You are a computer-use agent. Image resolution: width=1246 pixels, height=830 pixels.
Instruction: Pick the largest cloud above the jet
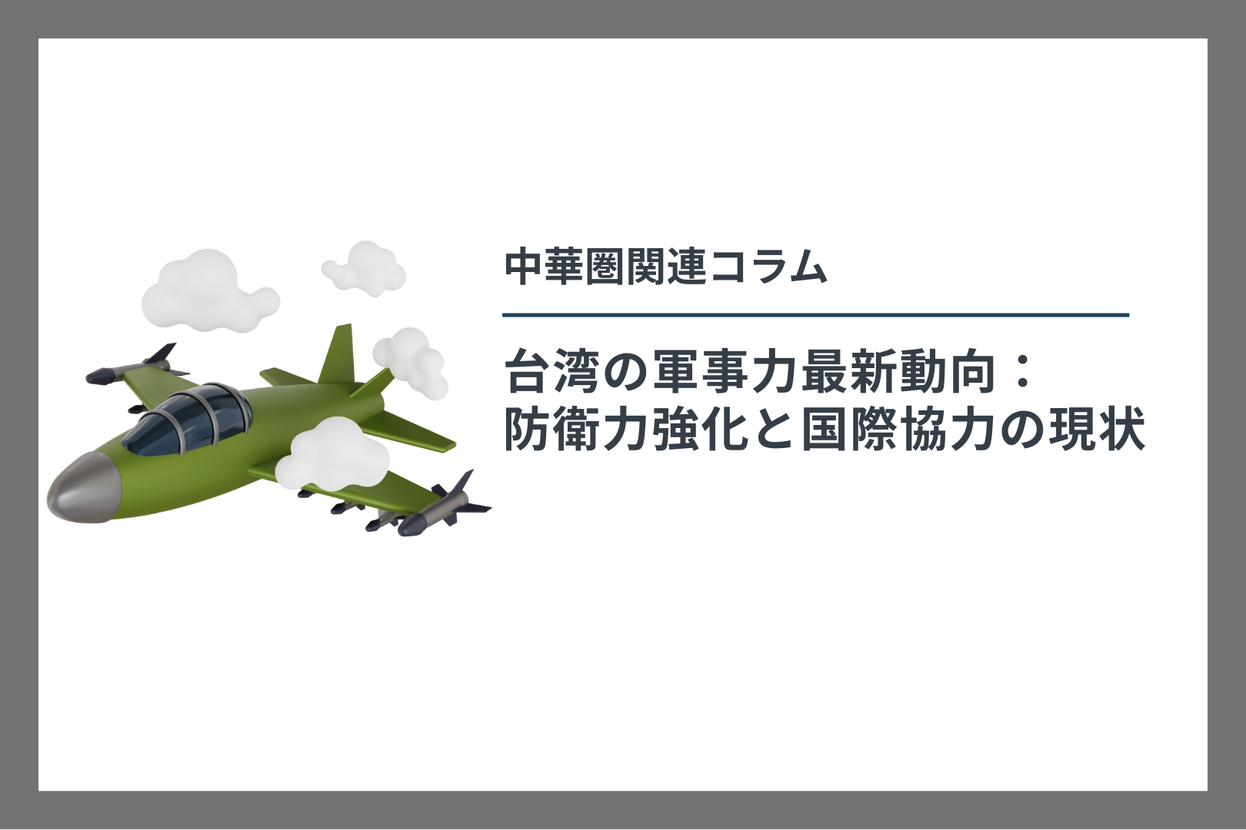[208, 292]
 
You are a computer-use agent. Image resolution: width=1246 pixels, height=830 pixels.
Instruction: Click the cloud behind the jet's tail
[411, 363]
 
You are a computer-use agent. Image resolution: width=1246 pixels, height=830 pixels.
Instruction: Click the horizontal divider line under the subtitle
[815, 315]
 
